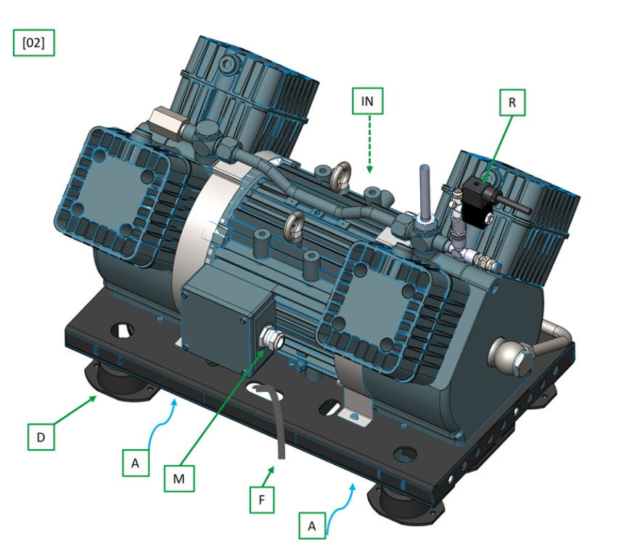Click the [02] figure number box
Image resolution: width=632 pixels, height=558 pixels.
coord(34,43)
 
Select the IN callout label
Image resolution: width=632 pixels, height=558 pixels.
coord(367,101)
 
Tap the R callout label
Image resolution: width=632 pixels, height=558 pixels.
coord(512,102)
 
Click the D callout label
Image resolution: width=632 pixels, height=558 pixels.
coord(41,437)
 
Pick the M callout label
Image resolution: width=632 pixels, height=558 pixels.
coord(179,478)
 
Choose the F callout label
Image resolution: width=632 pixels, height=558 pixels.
coord(262,500)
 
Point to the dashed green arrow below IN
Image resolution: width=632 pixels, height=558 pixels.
coord(369,144)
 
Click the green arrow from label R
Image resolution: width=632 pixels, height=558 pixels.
coord(497,149)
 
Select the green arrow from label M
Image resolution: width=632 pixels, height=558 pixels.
coord(223,407)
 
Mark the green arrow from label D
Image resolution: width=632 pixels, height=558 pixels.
coord(75,410)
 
